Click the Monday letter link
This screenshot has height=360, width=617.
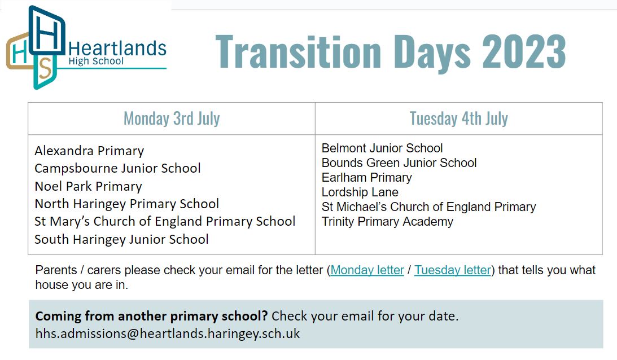pyautogui.click(x=367, y=270)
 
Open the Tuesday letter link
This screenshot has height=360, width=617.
pyautogui.click(x=453, y=270)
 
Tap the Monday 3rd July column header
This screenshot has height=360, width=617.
pyautogui.click(x=172, y=118)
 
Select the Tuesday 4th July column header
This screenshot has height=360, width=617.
pyautogui.click(x=459, y=118)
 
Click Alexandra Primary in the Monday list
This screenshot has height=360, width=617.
pyautogui.click(x=89, y=151)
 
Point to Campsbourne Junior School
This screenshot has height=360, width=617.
pyautogui.click(x=117, y=168)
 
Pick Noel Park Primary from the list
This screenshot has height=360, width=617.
pyautogui.click(x=88, y=186)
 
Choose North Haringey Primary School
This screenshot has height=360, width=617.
pyautogui.click(x=126, y=204)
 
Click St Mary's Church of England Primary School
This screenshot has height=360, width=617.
pyautogui.click(x=165, y=221)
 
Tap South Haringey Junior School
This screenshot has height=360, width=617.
pyautogui.click(x=121, y=239)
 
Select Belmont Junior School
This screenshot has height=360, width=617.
pyautogui.click(x=382, y=148)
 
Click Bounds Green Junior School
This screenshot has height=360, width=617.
pyautogui.click(x=399, y=163)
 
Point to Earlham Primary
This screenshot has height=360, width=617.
pyautogui.click(x=367, y=177)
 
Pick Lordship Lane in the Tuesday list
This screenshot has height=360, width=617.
pyautogui.click(x=360, y=192)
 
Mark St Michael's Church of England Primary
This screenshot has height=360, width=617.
pyautogui.click(x=429, y=207)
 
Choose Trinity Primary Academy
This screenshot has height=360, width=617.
pyautogui.click(x=388, y=222)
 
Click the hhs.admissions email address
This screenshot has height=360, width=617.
pyautogui.click(x=168, y=333)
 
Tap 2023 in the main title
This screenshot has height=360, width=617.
pyautogui.click(x=524, y=52)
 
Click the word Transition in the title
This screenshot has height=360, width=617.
pyautogui.click(x=299, y=52)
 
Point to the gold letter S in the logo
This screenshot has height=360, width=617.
pyautogui.click(x=46, y=68)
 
